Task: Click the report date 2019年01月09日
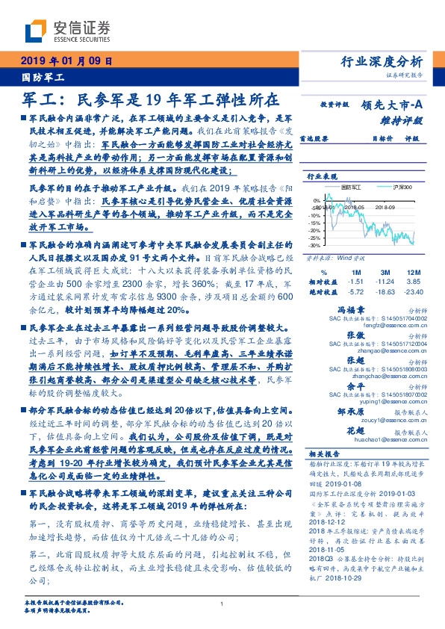click(x=66, y=62)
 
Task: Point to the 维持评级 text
click(x=402, y=120)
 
